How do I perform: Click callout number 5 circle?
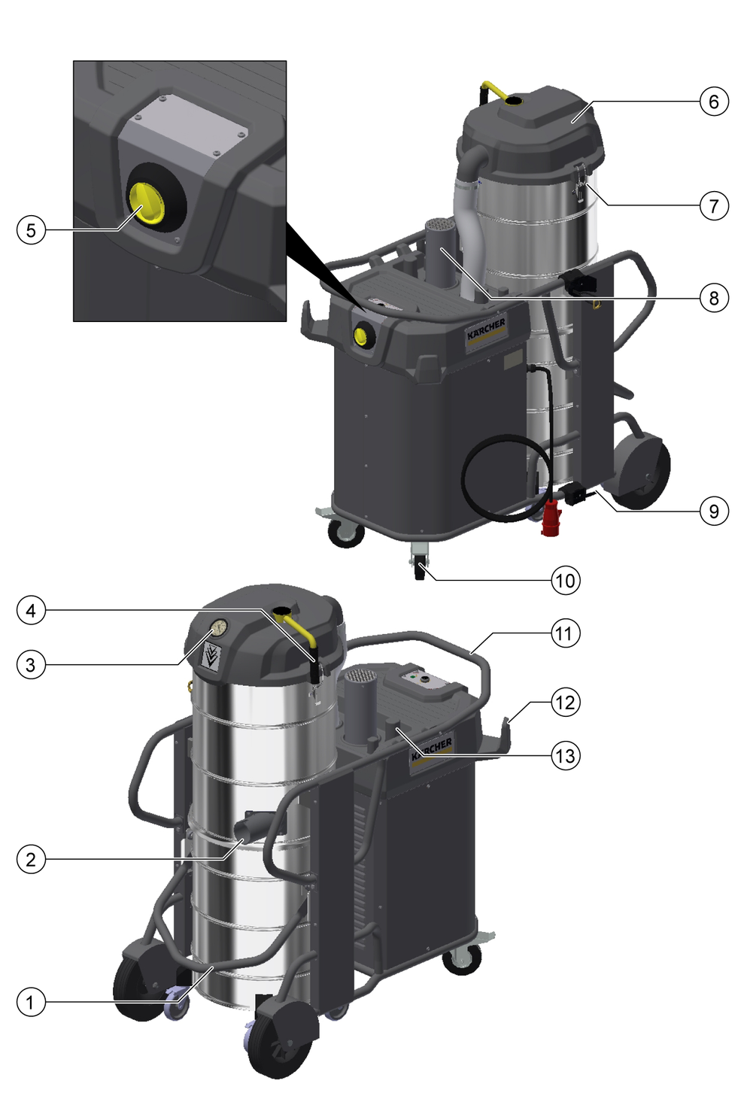31,230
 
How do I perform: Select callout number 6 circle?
714,102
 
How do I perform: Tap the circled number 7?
714,205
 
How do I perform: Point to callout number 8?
714,298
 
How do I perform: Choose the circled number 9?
714,512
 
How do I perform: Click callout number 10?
566,581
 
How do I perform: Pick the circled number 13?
566,755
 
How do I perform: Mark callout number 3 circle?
31,665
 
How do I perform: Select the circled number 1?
31,1002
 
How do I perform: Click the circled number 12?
566,702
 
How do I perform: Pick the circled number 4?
31,611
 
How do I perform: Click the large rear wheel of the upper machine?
642,472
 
